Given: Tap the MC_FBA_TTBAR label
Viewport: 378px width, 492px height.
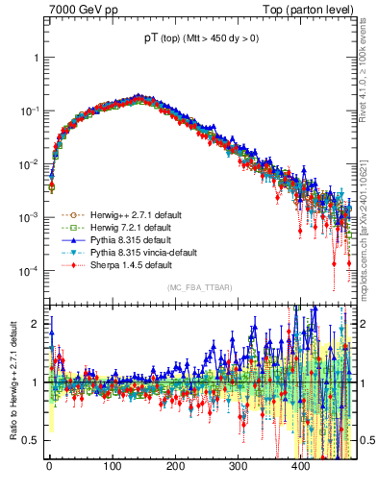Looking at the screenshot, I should pyautogui.click(x=199, y=287).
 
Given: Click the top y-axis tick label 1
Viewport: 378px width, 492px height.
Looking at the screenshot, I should pyautogui.click(x=38, y=57).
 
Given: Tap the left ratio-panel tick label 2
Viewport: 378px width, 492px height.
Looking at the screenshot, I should pyautogui.click(x=38, y=323).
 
